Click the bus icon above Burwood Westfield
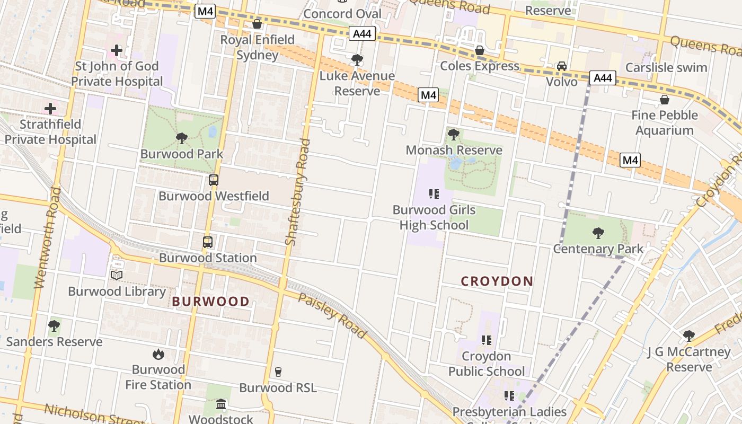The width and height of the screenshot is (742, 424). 213,180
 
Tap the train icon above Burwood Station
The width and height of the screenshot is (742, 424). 208,242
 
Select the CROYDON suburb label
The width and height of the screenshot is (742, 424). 497,281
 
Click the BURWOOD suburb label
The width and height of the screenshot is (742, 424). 210,302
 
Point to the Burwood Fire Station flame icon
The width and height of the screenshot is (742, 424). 158,354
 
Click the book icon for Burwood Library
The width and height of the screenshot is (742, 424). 117,275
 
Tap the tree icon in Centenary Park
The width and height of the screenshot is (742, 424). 598,233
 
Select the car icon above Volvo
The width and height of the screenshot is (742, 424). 561,66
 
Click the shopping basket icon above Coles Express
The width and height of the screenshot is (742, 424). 480,50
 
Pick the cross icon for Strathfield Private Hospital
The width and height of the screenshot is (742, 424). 50,109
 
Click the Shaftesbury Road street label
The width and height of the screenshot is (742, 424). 297,192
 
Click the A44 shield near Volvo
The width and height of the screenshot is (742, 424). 603,78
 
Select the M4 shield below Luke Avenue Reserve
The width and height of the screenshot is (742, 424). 428,95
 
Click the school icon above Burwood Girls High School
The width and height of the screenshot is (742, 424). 434,194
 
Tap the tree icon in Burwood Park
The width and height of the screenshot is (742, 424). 182,138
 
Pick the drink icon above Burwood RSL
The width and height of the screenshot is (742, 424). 278,372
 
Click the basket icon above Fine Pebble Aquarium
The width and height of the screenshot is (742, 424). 664,100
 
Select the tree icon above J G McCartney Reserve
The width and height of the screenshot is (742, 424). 688,335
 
